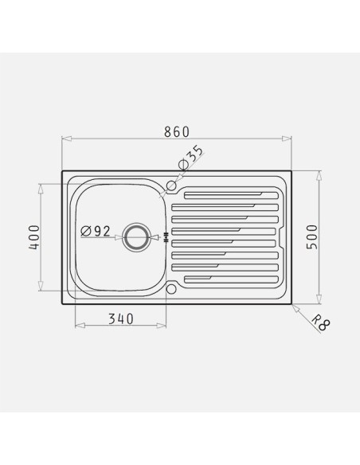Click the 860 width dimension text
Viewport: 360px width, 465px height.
click(x=177, y=132)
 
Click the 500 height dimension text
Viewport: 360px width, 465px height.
click(x=312, y=237)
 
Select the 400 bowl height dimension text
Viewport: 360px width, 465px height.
click(x=34, y=237)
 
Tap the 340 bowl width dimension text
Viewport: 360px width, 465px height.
click(x=121, y=318)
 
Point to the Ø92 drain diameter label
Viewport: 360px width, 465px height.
click(x=96, y=231)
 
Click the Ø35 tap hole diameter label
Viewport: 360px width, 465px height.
click(x=191, y=158)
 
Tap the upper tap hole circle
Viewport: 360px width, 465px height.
click(x=171, y=186)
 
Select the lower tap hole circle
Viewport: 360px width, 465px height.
click(x=171, y=289)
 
